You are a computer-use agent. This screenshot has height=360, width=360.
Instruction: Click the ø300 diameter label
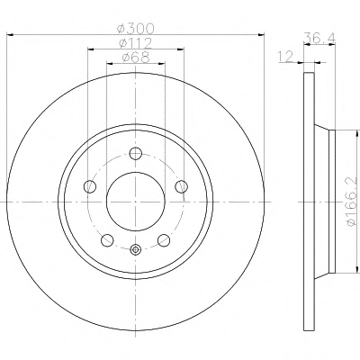click(136, 29)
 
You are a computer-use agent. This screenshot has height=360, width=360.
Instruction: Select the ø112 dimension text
click(136, 43)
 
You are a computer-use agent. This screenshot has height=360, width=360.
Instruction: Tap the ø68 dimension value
click(136, 58)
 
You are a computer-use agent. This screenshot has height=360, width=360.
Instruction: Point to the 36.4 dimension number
click(319, 38)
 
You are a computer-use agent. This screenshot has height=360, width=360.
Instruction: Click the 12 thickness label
click(285, 57)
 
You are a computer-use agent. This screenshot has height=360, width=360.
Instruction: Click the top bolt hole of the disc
click(136, 154)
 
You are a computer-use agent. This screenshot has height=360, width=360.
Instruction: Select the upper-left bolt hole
click(90, 186)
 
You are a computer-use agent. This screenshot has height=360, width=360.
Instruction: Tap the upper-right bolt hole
click(181, 186)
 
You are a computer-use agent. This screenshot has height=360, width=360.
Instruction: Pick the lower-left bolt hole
click(107, 240)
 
